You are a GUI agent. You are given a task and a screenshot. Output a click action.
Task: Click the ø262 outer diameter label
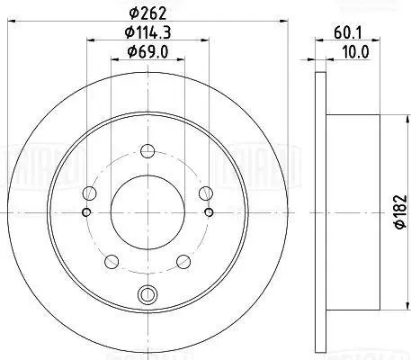tap(146, 13)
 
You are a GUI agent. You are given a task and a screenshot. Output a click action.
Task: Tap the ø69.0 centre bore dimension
tap(146, 51)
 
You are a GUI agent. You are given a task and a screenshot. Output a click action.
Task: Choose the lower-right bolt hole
tap(183, 261)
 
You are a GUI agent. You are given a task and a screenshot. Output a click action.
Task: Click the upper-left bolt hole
tap(87, 192)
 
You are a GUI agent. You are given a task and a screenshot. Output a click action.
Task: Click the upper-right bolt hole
tap(205, 192)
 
